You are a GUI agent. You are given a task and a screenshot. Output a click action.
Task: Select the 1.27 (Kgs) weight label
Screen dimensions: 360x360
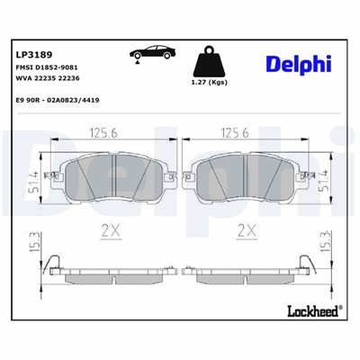point(209,85)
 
